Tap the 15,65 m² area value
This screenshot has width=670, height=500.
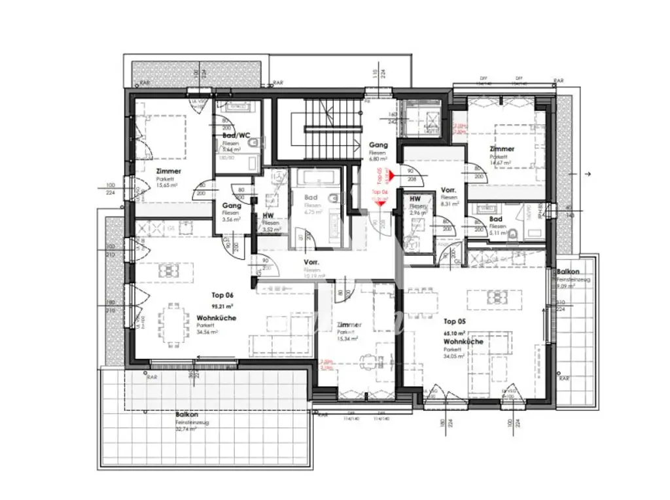(x=167, y=185)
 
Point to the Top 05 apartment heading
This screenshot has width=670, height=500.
(x=455, y=321)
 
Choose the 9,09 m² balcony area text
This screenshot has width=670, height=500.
(x=567, y=286)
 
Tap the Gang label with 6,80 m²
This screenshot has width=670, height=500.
(x=378, y=145)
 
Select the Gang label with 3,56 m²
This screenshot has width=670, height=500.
(x=231, y=205)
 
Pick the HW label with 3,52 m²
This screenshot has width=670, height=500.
(x=268, y=215)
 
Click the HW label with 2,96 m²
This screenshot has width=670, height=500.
(x=414, y=198)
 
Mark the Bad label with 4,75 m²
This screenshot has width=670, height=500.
(x=311, y=197)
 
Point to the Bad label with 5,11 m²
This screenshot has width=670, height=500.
(x=495, y=219)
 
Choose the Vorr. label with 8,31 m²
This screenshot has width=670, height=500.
(x=448, y=190)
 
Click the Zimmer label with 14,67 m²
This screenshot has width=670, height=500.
(x=502, y=149)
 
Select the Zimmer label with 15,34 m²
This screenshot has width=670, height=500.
(x=347, y=325)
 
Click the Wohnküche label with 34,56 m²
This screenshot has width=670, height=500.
(x=217, y=318)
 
